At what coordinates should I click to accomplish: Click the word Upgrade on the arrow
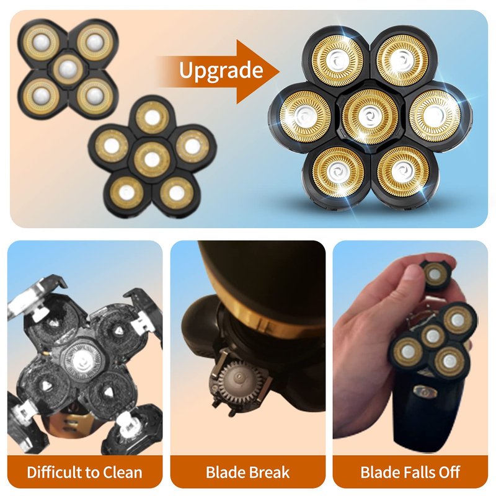(x=221, y=71)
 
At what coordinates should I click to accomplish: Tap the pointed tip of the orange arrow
(x=280, y=71)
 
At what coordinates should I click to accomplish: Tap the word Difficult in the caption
(x=55, y=472)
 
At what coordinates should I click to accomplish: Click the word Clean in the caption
(x=122, y=472)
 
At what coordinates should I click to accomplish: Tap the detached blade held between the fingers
(x=436, y=275)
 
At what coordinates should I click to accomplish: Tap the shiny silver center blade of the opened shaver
(x=82, y=360)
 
